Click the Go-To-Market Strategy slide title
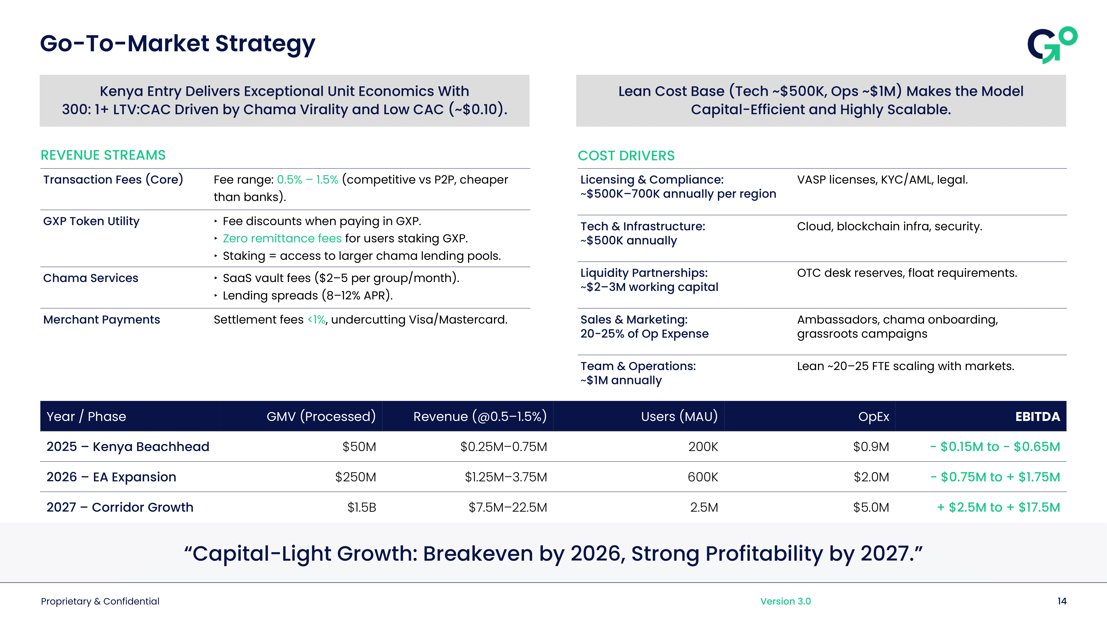[x=177, y=44]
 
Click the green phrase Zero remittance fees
[x=282, y=239]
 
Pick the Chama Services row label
[x=91, y=278]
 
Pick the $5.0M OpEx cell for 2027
[x=871, y=507]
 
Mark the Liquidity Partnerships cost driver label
[x=643, y=273]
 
